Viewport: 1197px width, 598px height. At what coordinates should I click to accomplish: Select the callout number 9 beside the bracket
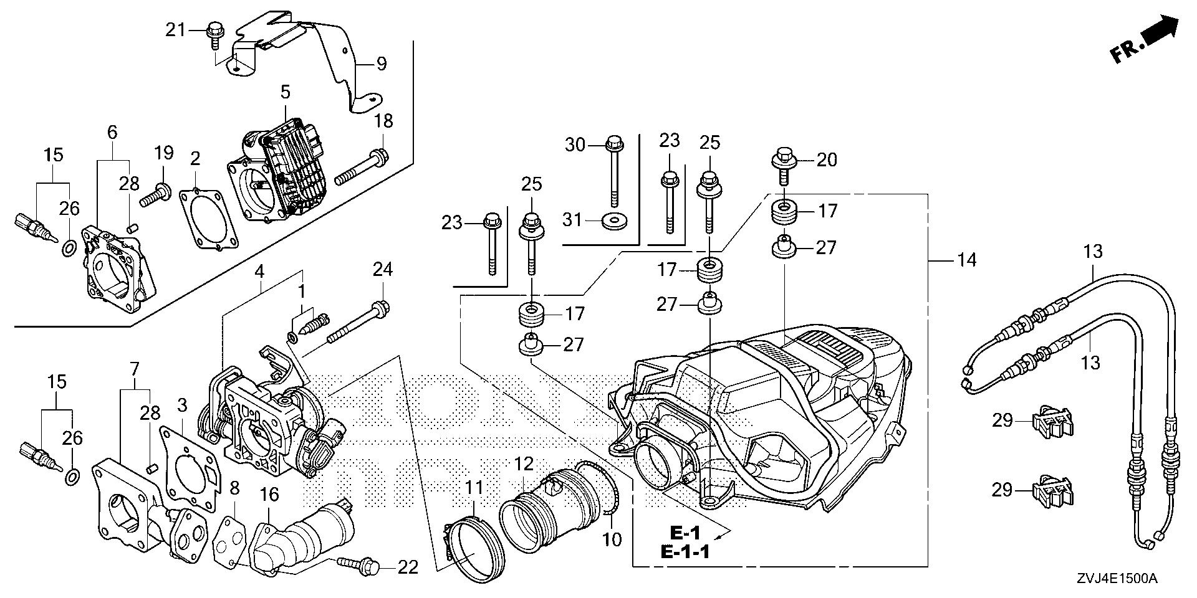click(x=381, y=64)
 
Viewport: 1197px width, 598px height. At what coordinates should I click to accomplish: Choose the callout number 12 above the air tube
click(x=524, y=464)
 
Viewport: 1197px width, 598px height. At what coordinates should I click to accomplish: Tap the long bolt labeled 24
click(x=357, y=324)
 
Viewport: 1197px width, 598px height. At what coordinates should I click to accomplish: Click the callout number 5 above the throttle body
click(x=285, y=93)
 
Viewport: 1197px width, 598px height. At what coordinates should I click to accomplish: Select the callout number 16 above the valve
click(x=269, y=496)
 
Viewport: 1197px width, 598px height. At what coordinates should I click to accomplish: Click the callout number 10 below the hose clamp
click(x=613, y=539)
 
